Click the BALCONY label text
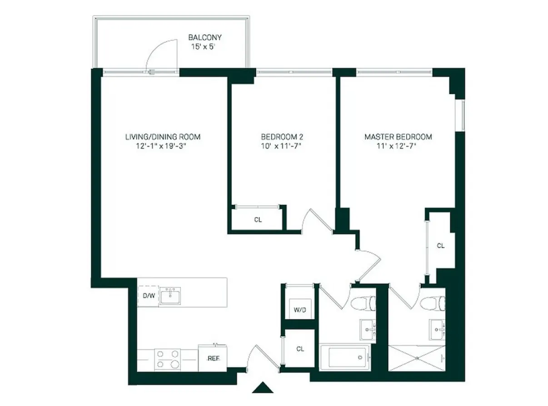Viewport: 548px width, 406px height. point(205,38)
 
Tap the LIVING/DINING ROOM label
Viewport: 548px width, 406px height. point(163,137)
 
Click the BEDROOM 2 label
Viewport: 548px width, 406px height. point(281,137)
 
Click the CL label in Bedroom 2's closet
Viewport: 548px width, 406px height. point(258,220)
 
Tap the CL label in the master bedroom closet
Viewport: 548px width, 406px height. point(440,246)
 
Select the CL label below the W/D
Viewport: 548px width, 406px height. point(300,349)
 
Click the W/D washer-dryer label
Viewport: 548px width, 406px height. point(299,310)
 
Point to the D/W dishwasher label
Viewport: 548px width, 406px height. point(149,297)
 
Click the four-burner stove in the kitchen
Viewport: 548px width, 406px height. point(168,358)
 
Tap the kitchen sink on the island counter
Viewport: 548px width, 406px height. point(170,296)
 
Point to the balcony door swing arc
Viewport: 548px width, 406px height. point(159,53)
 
